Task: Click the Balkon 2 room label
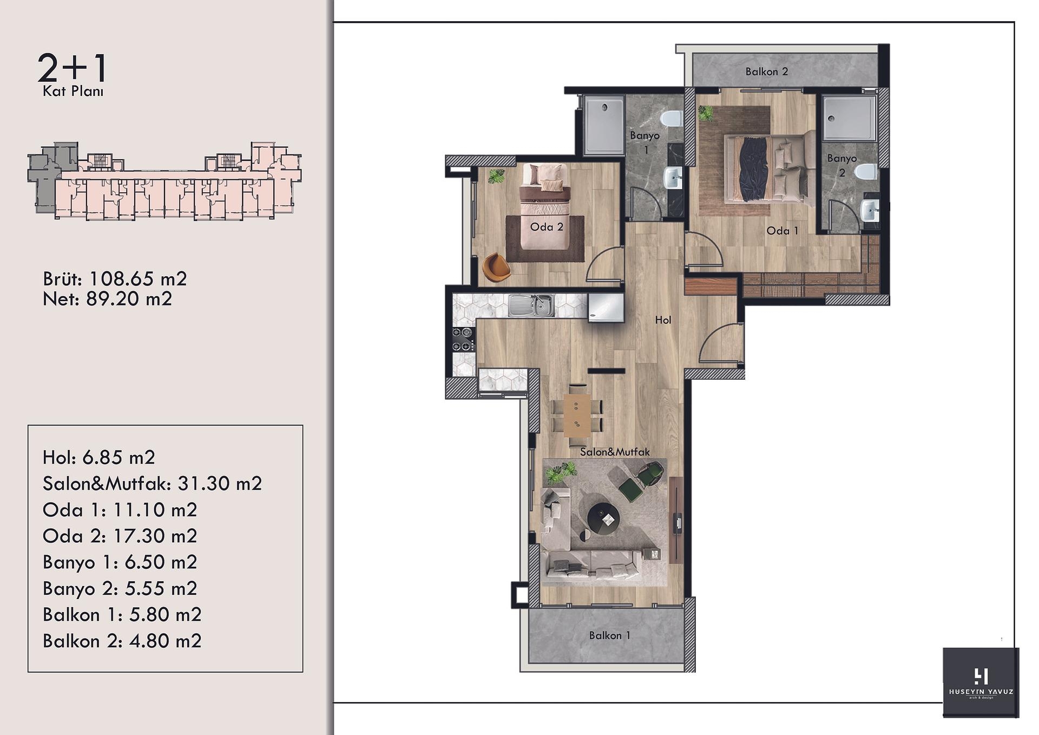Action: [766, 71]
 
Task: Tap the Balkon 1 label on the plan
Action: [610, 635]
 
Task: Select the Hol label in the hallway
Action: [663, 320]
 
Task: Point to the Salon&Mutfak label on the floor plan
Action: [615, 452]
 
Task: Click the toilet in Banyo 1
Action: [673, 119]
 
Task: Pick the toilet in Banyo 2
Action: [866, 172]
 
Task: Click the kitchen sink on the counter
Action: [531, 306]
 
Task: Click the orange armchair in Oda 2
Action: [495, 268]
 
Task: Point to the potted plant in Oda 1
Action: [705, 113]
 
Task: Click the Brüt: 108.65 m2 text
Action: [115, 279]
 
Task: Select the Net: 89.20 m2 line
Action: [107, 299]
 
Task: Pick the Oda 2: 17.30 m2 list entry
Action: [120, 536]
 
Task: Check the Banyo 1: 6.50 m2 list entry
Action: [120, 562]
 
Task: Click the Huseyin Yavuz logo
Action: [981, 682]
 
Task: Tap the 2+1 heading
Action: [73, 69]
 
